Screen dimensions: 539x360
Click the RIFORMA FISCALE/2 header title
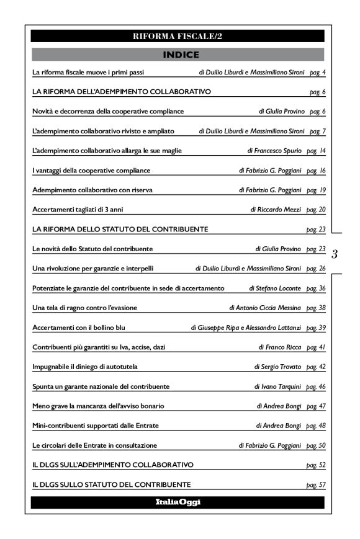pyautogui.click(x=178, y=36)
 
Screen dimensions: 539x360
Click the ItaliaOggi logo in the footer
pyautogui.click(x=178, y=502)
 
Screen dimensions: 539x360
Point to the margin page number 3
pyautogui.click(x=335, y=254)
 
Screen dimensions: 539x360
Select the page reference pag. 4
pyautogui.click(x=317, y=73)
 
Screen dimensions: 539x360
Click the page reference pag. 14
pyautogui.click(x=317, y=151)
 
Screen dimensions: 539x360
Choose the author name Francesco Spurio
pyautogui.click(x=276, y=151)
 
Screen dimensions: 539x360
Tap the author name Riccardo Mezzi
pyautogui.click(x=277, y=210)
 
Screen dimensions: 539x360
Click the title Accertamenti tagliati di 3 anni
pyautogui.click(x=73, y=210)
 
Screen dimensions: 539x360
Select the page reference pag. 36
pyautogui.click(x=317, y=288)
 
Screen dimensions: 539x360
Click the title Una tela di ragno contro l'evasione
pyautogui.click(x=84, y=308)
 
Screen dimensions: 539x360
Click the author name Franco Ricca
pyautogui.click(x=281, y=347)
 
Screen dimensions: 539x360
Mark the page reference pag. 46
pyautogui.click(x=317, y=386)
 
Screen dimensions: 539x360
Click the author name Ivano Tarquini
pyautogui.click(x=278, y=386)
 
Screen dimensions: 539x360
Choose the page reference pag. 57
pyautogui.click(x=317, y=484)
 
